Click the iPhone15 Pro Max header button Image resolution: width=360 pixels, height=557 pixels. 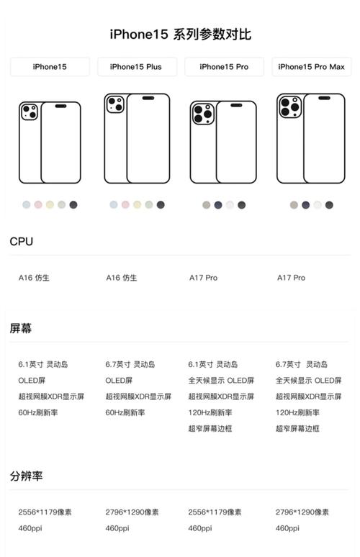311,67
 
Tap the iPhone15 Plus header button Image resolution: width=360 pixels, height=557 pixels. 136,67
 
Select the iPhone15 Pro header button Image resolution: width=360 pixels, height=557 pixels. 224,67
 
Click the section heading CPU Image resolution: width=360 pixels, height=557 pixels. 21,242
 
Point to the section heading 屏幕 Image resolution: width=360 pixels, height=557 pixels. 20,328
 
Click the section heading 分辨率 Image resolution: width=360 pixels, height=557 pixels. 26,476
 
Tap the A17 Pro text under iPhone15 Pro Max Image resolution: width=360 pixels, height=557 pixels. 291,278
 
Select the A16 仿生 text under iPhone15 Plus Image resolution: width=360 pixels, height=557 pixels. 121,278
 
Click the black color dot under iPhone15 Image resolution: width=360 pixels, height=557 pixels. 73,205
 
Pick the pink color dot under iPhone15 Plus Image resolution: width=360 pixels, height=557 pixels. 125,205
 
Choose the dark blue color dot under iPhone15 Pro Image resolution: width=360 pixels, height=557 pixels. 218,205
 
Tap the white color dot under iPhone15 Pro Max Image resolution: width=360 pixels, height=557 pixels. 318,205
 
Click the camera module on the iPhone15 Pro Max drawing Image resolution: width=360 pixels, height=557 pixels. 289,107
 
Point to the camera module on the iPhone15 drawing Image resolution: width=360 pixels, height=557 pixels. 30,112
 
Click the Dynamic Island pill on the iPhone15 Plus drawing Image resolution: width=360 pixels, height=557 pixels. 148,98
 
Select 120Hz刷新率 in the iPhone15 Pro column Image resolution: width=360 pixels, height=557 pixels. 210,412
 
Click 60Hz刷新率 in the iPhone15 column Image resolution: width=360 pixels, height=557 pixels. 37,412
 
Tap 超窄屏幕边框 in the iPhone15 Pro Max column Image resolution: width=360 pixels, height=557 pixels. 298,429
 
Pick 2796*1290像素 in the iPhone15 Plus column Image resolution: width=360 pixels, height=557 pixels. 132,512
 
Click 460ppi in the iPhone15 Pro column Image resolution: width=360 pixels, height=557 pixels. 199,528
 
